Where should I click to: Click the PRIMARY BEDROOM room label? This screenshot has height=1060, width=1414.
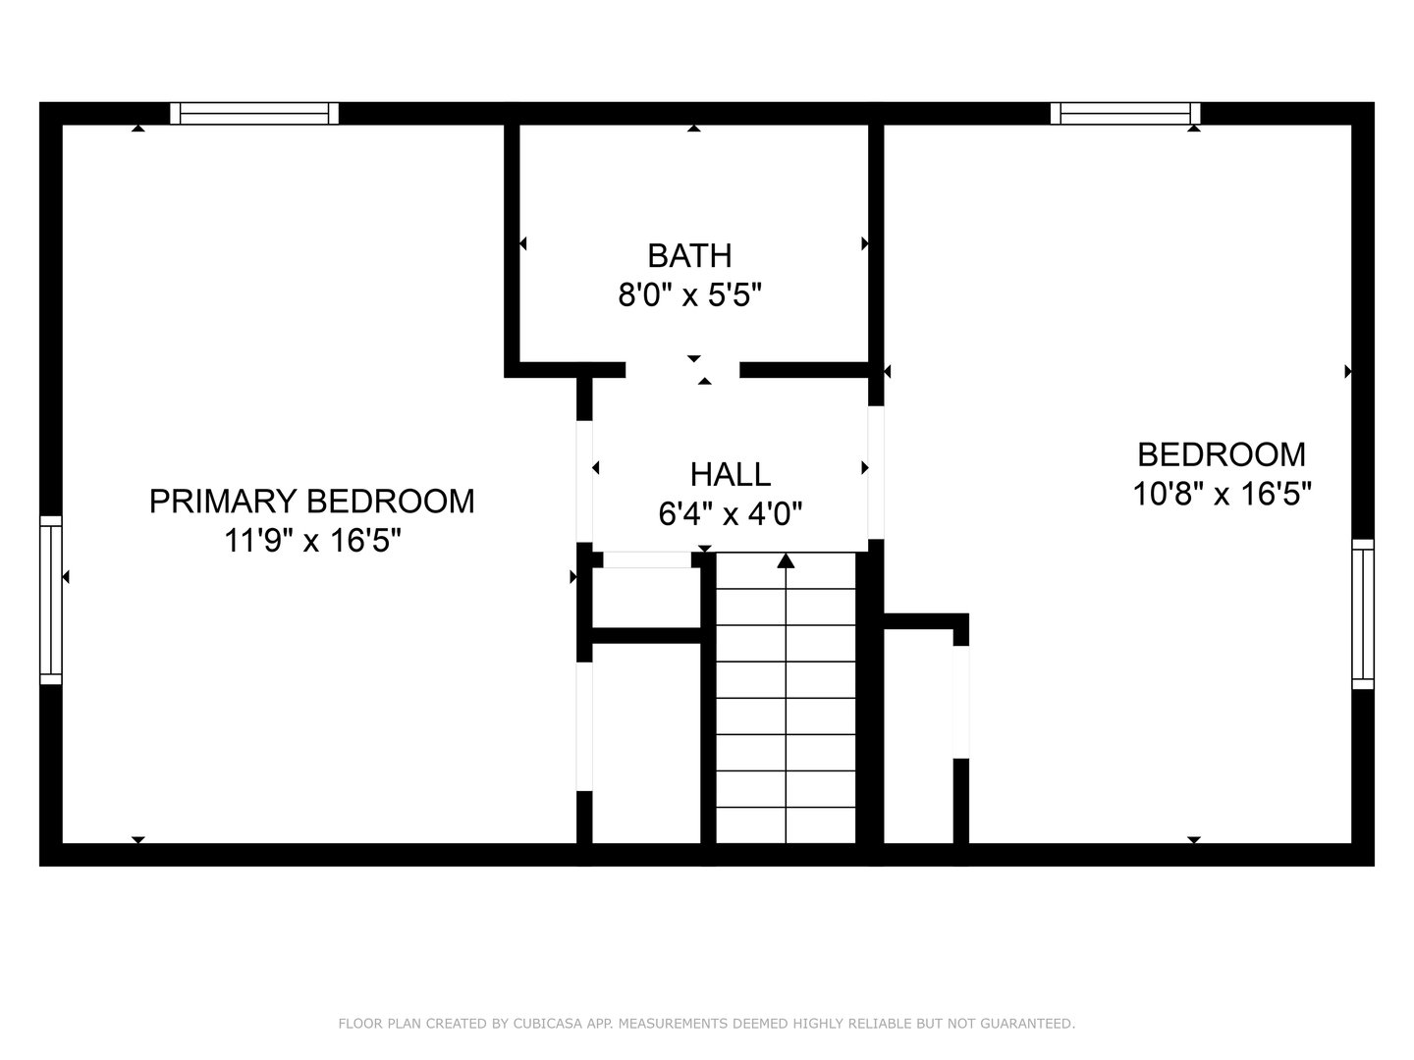point(311,501)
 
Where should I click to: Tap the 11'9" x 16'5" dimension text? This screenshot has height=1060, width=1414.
point(312,540)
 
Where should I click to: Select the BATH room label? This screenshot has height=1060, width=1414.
point(689,255)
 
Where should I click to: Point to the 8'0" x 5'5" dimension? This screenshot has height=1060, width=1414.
point(689,294)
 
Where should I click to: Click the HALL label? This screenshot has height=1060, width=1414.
point(730,474)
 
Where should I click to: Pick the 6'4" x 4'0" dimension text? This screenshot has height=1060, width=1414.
point(731,513)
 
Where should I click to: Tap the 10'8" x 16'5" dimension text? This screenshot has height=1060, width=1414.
point(1223,494)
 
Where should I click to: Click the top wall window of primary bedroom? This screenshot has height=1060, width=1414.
point(254,114)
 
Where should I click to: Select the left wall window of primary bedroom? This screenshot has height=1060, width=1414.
point(50,600)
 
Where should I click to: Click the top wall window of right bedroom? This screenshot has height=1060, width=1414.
point(1125,114)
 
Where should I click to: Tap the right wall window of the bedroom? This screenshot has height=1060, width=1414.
point(1363,613)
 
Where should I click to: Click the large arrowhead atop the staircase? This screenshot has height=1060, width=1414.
point(786,561)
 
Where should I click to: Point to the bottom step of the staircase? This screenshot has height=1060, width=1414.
point(786,825)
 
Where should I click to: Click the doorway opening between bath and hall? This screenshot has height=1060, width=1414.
point(682,370)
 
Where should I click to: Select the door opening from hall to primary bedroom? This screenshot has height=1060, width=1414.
point(584,481)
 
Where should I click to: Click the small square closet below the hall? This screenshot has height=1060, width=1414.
point(646,597)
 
